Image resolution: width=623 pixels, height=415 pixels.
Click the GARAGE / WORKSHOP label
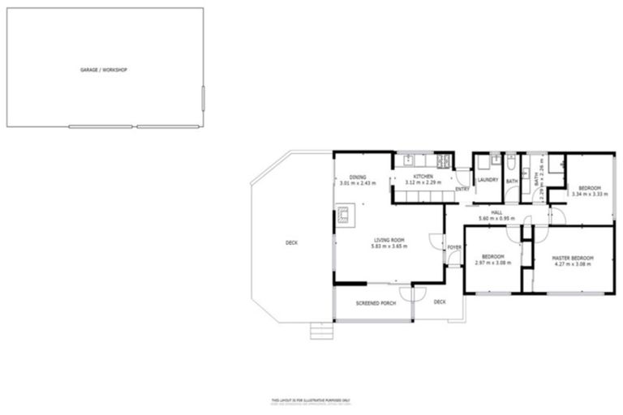[x=103, y=70]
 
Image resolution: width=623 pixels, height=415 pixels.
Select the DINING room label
[x=358, y=177]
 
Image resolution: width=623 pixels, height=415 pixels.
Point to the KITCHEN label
[x=423, y=177]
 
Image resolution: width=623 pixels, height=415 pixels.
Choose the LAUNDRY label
[x=488, y=180]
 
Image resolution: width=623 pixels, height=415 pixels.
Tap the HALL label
[x=496, y=212]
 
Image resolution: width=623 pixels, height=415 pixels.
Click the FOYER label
[x=454, y=247]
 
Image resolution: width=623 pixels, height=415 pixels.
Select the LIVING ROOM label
[x=389, y=240]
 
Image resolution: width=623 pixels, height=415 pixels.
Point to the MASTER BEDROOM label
[x=573, y=258]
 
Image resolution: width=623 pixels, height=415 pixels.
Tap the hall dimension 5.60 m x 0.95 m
[x=496, y=219]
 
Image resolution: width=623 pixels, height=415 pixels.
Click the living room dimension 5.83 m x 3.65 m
[x=389, y=246]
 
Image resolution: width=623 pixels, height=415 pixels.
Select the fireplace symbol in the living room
[x=343, y=216]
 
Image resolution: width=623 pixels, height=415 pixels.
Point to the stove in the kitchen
[x=443, y=160]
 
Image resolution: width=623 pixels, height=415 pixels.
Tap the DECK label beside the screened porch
[x=440, y=302]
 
